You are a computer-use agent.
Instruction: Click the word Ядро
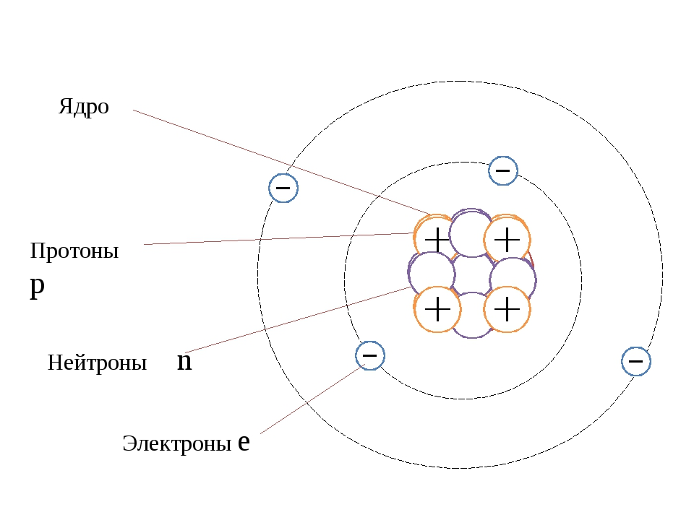84,108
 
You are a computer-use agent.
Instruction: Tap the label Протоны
74,251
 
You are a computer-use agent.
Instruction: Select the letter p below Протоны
38,285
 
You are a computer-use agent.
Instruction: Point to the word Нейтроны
97,363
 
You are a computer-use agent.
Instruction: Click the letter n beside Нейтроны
184,361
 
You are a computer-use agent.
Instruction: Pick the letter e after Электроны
244,442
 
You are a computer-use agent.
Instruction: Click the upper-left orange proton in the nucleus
437,238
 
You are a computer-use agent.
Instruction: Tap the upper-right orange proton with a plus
507,238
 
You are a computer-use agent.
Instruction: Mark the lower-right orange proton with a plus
507,309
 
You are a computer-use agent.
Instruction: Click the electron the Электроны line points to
370,355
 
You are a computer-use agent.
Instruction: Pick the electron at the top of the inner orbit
503,171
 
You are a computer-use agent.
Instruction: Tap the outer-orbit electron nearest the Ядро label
283,188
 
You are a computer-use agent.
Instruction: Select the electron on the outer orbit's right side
636,360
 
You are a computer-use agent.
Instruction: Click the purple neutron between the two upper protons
471,233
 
